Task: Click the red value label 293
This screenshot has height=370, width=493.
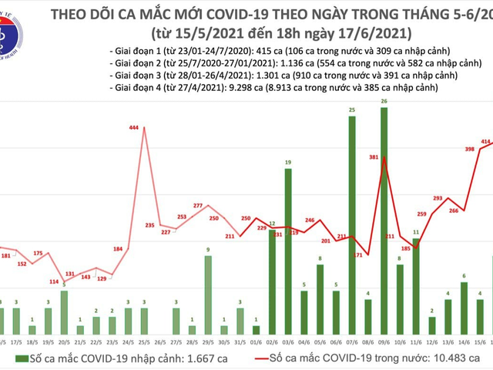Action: pos(437,199)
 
